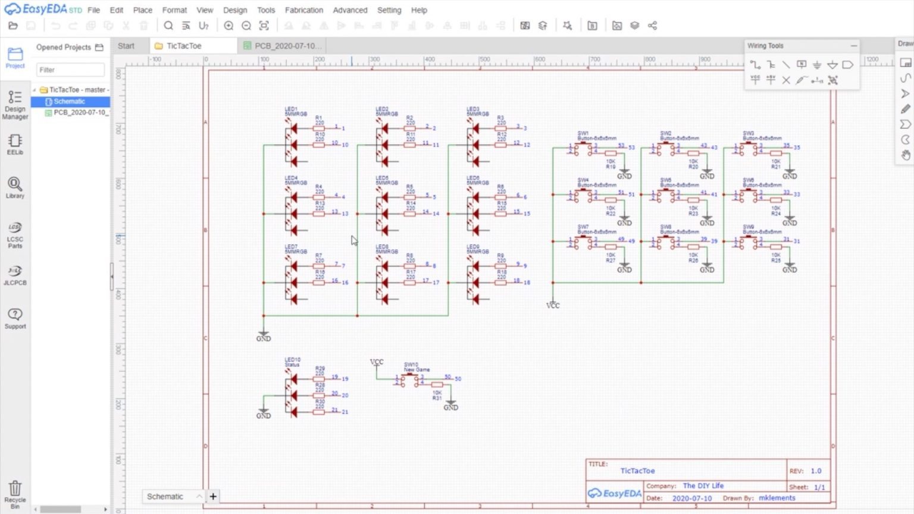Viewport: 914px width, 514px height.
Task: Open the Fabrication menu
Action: (x=303, y=10)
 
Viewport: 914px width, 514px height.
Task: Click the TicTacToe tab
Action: (x=183, y=46)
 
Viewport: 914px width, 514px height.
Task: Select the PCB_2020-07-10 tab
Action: (x=287, y=46)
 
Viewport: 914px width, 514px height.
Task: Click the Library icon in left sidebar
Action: (x=15, y=187)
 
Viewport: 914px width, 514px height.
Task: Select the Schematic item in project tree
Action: (x=69, y=102)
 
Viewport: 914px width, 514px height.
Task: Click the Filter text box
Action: (x=70, y=70)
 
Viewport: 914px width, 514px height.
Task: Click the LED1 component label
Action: (x=292, y=109)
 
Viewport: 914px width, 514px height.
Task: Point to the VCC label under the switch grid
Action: (x=553, y=305)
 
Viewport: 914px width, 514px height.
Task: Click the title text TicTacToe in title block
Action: (x=637, y=471)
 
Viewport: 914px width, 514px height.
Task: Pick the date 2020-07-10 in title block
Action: (x=691, y=499)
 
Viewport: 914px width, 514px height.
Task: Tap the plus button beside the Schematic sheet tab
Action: (x=212, y=496)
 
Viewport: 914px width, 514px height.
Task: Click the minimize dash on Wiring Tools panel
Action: (x=854, y=46)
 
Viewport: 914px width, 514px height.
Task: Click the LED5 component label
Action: (x=382, y=178)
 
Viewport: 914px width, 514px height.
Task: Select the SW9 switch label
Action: (x=749, y=227)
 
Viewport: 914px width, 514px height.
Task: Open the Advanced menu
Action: (x=350, y=10)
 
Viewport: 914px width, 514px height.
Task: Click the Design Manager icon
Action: (x=15, y=105)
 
